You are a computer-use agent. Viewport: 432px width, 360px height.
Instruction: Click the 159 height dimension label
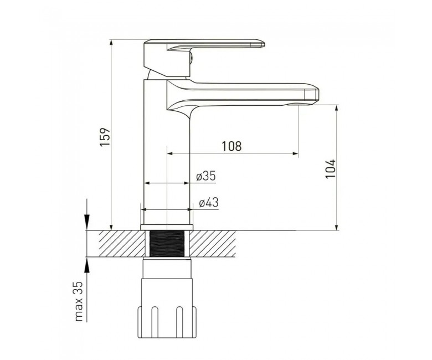[x=106, y=137]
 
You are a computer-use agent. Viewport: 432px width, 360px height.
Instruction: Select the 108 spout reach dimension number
[x=232, y=146]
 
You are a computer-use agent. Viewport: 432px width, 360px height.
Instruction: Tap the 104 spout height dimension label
[x=331, y=169]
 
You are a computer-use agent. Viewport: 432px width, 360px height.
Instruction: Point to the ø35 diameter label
[x=206, y=176]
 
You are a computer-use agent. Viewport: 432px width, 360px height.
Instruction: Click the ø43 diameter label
[x=209, y=203]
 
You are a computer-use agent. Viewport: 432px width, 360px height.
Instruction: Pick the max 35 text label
[x=79, y=301]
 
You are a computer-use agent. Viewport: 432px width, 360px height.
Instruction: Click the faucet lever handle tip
[x=264, y=44]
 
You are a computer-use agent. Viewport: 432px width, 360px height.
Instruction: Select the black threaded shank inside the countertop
[x=167, y=244]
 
